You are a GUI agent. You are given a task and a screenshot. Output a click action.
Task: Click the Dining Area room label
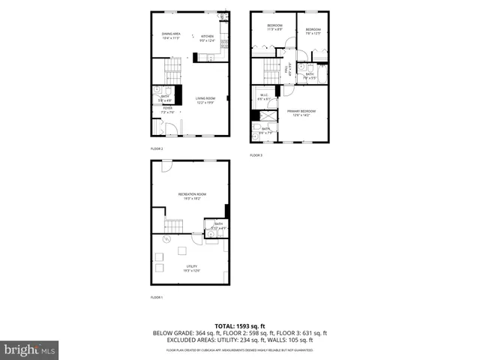coord(171,34)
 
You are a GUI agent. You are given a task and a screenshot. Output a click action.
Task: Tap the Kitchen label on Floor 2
coord(208,37)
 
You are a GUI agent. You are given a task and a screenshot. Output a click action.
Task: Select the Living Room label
coord(205,100)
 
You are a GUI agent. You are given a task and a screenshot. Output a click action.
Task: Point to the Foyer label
coord(167,109)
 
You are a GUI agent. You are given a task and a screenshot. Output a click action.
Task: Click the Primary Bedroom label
coord(301,112)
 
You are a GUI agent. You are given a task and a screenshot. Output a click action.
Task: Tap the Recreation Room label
coord(192,196)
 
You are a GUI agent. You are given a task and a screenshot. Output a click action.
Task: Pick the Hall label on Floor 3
coord(286,70)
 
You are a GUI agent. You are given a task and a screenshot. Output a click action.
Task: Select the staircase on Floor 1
coord(175,226)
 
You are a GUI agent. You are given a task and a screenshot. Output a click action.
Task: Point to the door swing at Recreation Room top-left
coord(160,168)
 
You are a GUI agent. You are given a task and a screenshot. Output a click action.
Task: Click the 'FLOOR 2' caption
coord(157,148)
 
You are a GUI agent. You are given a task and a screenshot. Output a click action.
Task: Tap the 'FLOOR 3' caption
coord(256,155)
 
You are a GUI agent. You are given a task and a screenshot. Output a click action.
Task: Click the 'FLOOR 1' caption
coord(157,298)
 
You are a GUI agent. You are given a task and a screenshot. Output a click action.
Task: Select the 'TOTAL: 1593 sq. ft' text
coord(240,325)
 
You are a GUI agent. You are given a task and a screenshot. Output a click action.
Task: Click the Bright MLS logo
coord(30,349)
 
